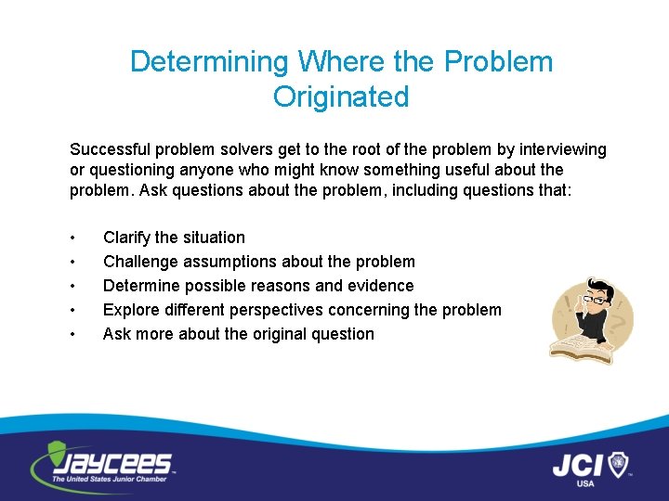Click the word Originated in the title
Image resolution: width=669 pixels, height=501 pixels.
tap(341, 96)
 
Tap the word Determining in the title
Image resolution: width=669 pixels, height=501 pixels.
tap(209, 62)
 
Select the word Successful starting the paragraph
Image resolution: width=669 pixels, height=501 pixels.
tap(110, 149)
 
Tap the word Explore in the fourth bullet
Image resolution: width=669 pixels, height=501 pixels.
tap(130, 310)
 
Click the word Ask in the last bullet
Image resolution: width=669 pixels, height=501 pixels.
tap(116, 334)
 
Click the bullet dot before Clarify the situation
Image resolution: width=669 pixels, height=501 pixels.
tap(73, 238)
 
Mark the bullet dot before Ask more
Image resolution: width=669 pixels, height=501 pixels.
tap(73, 334)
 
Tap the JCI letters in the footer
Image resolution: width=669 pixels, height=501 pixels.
tap(579, 464)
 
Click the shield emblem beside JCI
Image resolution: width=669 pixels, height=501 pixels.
tap(619, 463)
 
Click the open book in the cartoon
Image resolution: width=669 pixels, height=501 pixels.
tap(577, 349)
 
